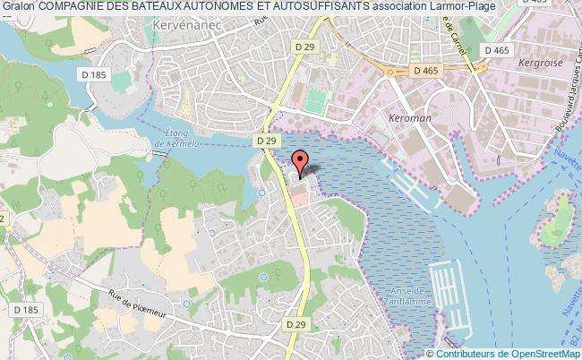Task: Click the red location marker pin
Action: click(x=300, y=165)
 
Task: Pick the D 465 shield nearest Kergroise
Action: click(x=494, y=51)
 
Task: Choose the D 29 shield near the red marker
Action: click(x=266, y=141)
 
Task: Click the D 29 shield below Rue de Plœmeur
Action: click(x=298, y=323)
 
